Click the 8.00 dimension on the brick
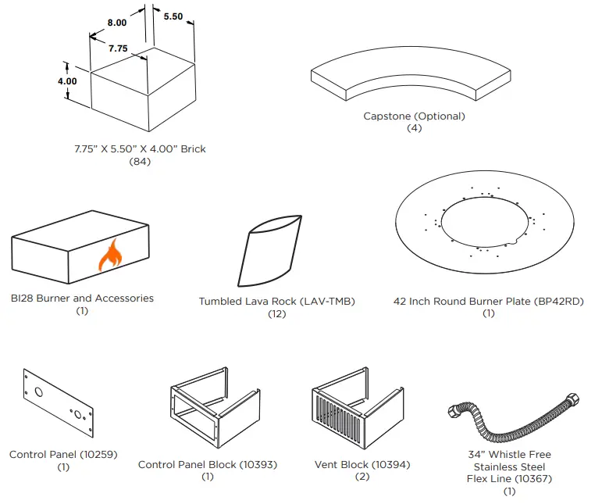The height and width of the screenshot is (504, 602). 116,23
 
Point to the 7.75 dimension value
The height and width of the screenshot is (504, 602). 118,48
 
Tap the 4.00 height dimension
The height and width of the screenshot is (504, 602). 67,81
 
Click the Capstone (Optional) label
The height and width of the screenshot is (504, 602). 414,116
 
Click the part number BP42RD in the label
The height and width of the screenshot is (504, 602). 561,302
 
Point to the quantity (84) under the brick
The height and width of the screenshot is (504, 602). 139,162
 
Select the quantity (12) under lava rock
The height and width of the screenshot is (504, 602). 276,314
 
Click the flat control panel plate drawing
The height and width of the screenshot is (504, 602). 58,402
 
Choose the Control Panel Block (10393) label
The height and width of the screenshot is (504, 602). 207,465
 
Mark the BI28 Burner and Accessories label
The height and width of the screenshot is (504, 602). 82,298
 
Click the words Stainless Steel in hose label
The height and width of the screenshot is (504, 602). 509,467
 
